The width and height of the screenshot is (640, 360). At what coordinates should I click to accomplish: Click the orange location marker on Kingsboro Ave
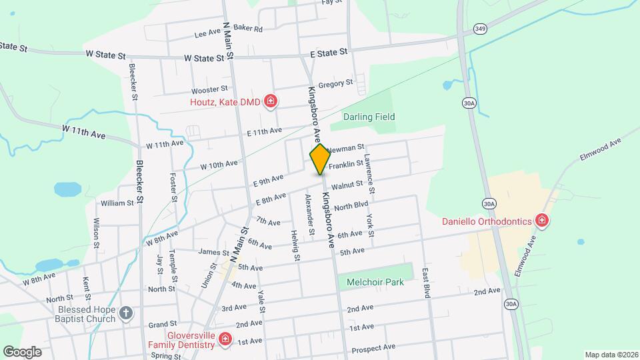click(x=320, y=159)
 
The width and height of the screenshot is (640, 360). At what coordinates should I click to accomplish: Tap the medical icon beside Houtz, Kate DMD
click(x=271, y=101)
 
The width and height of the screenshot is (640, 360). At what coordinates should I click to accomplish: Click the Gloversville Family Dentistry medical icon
click(x=225, y=340)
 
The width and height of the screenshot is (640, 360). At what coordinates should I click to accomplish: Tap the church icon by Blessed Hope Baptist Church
click(x=126, y=312)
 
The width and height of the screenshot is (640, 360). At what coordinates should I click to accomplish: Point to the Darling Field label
click(x=369, y=117)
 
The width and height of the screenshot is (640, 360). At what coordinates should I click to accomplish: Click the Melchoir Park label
click(x=375, y=282)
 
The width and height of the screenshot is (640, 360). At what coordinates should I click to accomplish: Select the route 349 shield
click(x=480, y=28)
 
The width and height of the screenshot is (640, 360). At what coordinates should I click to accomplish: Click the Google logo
click(x=21, y=351)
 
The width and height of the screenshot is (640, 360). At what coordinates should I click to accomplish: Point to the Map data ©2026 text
click(x=611, y=355)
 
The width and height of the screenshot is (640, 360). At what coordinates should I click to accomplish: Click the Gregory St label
click(x=335, y=84)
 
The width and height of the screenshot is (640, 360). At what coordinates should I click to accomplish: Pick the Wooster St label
click(x=209, y=90)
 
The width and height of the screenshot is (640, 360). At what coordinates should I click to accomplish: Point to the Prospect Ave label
click(x=373, y=347)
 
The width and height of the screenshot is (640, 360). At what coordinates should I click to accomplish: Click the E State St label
click(x=329, y=52)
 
